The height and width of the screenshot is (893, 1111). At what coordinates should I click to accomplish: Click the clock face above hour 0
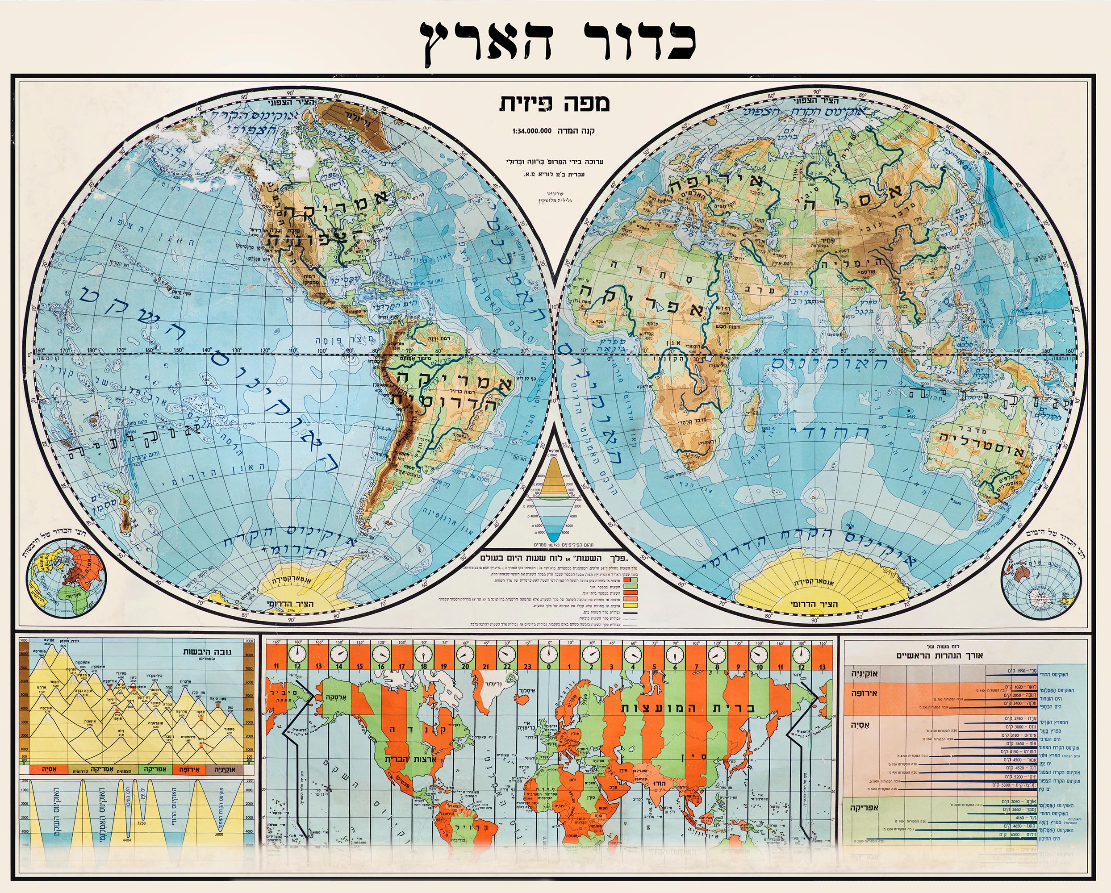pyautogui.click(x=549, y=655)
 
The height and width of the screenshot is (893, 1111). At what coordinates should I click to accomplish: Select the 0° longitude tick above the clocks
pyautogui.click(x=549, y=643)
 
